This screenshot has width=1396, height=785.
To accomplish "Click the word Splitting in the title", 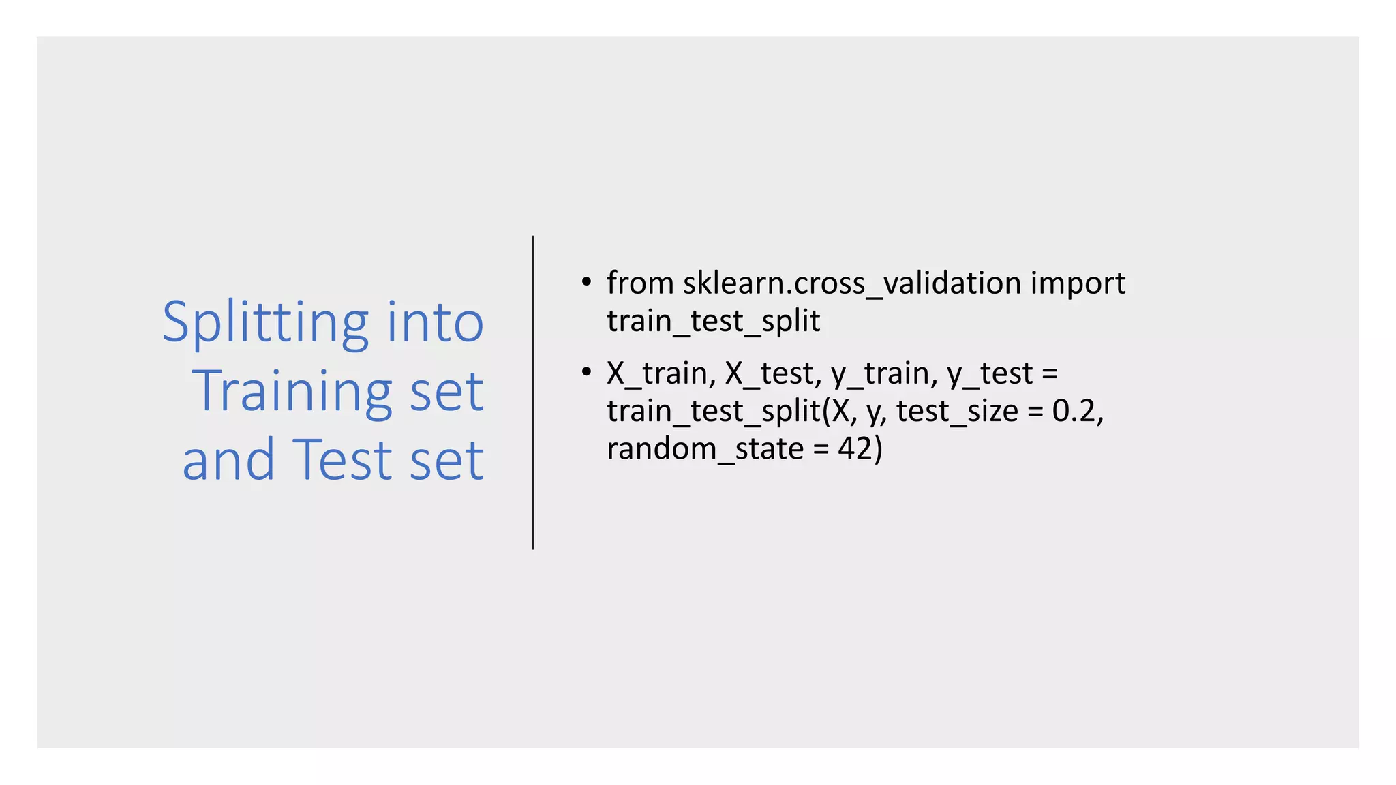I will [266, 324].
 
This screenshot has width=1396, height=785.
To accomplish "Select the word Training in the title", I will [292, 392].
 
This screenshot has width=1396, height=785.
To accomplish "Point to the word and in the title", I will [228, 460].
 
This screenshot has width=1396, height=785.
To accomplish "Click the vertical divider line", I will [533, 392].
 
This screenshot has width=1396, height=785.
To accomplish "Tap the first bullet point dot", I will [586, 282].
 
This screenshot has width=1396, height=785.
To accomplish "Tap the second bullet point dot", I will [586, 372].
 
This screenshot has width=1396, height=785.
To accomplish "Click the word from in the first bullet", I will [640, 283].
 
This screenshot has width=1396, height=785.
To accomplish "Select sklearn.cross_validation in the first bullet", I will [852, 283].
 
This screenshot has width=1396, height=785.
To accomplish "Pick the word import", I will [1078, 283].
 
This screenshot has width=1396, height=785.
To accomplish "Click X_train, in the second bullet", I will [661, 373].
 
